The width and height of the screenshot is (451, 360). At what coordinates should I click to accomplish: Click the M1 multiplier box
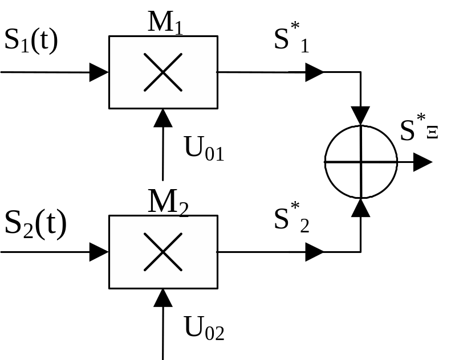tap(162, 72)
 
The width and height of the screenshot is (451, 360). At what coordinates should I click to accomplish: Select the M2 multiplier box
tap(162, 251)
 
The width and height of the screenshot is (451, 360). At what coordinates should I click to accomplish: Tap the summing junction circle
tap(361, 162)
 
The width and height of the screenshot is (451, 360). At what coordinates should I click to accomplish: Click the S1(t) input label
tap(31, 41)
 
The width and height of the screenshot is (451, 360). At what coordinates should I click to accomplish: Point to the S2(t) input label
tap(35, 224)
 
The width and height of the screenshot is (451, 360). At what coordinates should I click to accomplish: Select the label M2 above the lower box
tap(168, 202)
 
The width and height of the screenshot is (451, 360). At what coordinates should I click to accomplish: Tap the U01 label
tap(204, 148)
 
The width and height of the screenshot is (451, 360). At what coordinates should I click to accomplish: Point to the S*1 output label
tap(291, 40)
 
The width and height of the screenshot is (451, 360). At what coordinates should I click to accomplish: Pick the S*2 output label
tap(291, 219)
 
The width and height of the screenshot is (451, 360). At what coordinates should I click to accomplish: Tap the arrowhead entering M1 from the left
tap(99, 72)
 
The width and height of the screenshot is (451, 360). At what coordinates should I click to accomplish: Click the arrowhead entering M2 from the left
tap(99, 251)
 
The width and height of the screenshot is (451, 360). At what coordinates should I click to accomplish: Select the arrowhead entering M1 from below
tap(163, 118)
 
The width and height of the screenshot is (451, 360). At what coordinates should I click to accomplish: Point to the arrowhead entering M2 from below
tap(163, 297)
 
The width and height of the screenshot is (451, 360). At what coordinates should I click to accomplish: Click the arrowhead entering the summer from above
tap(361, 116)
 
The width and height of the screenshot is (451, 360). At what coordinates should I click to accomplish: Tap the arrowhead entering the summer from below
tap(361, 208)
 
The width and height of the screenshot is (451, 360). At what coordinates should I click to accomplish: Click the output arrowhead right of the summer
tap(422, 162)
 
